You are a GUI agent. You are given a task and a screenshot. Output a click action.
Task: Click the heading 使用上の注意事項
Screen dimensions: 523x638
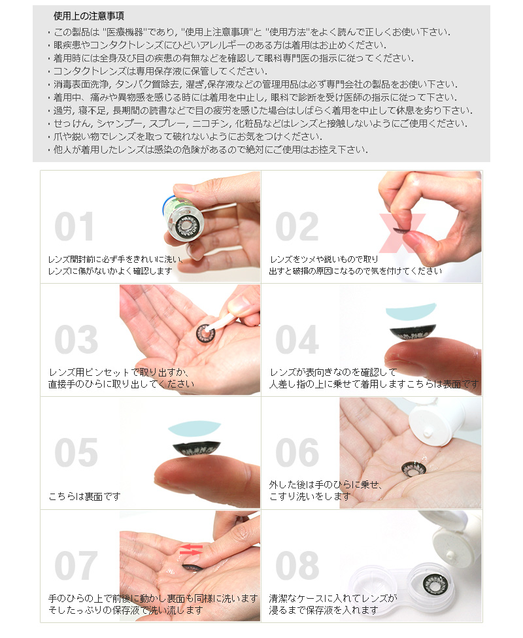pyautogui.click(x=89, y=16)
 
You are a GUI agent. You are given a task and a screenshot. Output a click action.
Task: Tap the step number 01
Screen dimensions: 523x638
pyautogui.click(x=75, y=227)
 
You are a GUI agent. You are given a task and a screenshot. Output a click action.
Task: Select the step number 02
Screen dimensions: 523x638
pyautogui.click(x=297, y=227)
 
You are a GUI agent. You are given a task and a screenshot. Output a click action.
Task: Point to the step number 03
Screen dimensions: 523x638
pyautogui.click(x=76, y=339)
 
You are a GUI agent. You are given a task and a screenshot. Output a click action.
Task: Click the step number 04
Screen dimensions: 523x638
pyautogui.click(x=297, y=339)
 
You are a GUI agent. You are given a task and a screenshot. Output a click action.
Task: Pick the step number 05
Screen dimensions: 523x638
pyautogui.click(x=76, y=452)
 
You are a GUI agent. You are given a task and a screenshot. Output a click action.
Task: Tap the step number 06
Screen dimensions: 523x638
pyautogui.click(x=297, y=452)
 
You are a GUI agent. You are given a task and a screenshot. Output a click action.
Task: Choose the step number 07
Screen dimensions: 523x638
pyautogui.click(x=76, y=565)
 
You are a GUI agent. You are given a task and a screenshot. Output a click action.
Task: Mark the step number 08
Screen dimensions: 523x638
pyautogui.click(x=297, y=565)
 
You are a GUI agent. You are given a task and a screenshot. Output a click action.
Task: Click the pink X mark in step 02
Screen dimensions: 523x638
pyautogui.click(x=402, y=233)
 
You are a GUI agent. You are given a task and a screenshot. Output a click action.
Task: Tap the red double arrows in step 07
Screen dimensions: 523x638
pyautogui.click(x=192, y=549)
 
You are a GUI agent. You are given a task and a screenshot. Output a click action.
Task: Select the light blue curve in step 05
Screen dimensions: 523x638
pyautogui.click(x=195, y=427)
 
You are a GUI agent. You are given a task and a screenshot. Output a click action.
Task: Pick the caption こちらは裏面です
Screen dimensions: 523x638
pyautogui.click(x=84, y=496)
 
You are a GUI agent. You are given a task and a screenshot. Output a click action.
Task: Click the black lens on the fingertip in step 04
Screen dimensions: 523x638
pyautogui.click(x=413, y=332)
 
